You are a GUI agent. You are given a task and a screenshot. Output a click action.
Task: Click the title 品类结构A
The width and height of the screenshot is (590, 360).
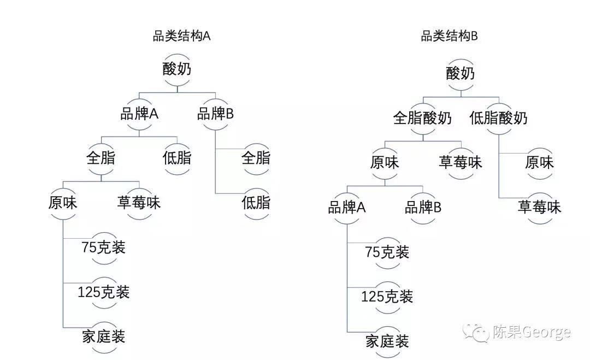tap(181, 37)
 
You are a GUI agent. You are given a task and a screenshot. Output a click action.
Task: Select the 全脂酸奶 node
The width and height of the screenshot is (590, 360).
tap(422, 117)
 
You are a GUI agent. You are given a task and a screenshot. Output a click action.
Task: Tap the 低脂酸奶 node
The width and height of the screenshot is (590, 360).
tap(498, 117)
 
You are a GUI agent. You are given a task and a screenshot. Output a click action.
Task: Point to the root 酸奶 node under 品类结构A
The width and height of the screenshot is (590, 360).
tap(177, 70)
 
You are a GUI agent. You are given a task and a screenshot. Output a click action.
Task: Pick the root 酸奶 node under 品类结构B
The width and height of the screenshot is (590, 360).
tap(460, 73)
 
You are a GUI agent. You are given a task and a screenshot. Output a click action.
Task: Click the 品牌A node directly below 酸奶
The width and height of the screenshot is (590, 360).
tap(139, 114)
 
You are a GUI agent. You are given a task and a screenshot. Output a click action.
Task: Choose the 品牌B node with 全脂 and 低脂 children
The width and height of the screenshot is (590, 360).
tap(215, 114)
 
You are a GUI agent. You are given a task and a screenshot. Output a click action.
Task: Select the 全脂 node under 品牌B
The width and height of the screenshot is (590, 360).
tap(256, 158)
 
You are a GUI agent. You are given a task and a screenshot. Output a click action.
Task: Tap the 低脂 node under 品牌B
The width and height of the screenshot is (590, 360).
tap(256, 203)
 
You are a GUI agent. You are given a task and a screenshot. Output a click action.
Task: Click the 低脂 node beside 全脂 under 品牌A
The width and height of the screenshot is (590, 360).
tap(177, 158)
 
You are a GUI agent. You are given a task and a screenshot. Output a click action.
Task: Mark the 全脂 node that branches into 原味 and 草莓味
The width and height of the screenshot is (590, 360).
tap(101, 158)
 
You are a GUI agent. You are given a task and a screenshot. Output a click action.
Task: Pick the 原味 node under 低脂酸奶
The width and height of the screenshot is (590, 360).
tap(539, 162)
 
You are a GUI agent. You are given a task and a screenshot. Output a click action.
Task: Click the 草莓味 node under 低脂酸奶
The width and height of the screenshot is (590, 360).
tap(539, 207)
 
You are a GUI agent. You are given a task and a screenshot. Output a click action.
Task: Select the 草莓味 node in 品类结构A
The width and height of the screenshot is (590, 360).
tap(139, 203)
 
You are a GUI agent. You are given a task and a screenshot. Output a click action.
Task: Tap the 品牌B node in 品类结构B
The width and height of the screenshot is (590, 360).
tap(423, 207)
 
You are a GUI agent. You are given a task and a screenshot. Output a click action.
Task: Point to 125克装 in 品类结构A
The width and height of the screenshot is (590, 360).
tap(104, 292)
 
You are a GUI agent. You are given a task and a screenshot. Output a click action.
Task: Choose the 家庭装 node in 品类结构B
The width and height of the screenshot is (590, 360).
tap(387, 342)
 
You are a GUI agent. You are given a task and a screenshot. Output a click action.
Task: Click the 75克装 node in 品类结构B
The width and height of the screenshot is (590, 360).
tap(387, 252)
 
